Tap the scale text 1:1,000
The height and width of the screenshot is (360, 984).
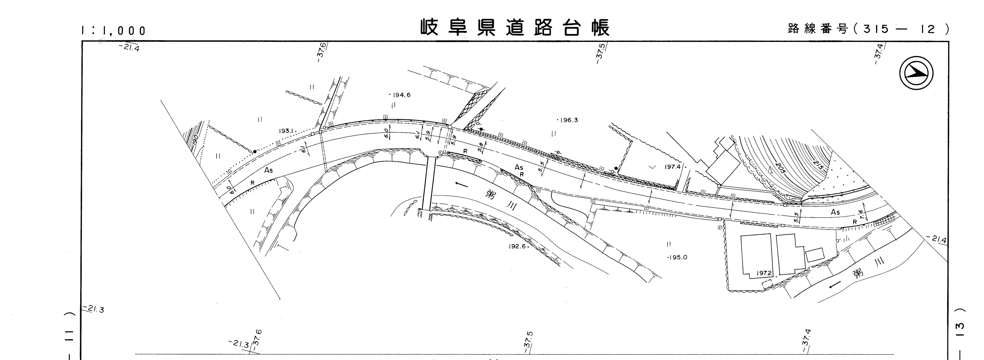click(114, 31)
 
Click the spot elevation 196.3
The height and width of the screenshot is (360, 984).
click(568, 120)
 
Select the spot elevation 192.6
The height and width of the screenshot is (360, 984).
click(517, 246)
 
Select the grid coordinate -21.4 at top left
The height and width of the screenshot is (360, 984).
click(129, 48)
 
